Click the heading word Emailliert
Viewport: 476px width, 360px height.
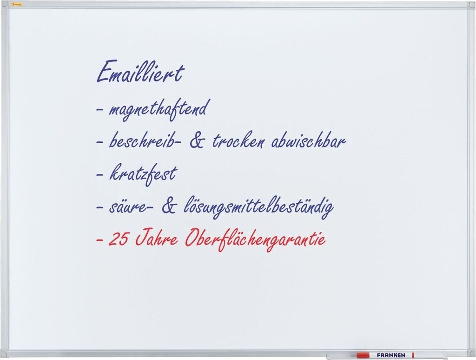click(140, 72)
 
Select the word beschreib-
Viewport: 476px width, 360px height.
click(145, 140)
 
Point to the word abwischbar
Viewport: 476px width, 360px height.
click(308, 140)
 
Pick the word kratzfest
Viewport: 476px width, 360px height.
click(143, 174)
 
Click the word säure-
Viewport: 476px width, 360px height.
click(131, 207)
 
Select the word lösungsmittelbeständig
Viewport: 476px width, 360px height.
click(258, 207)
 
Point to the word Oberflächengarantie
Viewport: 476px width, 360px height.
click(255, 240)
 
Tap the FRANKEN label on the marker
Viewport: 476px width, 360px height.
click(391, 355)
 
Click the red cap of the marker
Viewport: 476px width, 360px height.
click(363, 355)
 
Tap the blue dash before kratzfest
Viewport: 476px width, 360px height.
click(99, 175)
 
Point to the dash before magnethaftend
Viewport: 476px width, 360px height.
click(99, 109)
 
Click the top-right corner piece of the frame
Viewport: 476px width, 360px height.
click(471, 5)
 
